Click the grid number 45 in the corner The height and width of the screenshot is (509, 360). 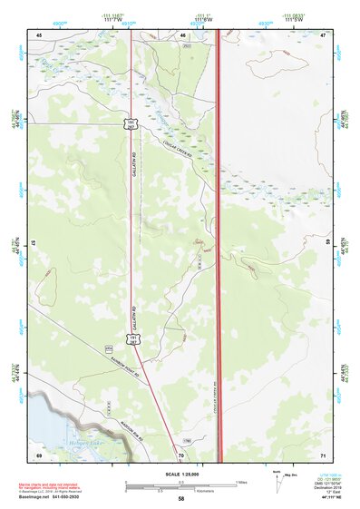[x=39, y=34]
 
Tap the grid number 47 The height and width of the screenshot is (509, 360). [x=322, y=34]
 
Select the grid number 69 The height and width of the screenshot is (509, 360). [x=39, y=454]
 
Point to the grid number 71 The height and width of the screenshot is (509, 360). [x=322, y=454]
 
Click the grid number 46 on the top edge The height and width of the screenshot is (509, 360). [x=182, y=34]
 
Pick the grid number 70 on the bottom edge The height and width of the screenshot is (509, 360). [x=181, y=454]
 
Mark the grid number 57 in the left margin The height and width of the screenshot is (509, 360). [x=34, y=243]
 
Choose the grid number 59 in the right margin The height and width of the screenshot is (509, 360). [x=328, y=243]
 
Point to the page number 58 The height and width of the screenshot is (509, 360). [x=181, y=499]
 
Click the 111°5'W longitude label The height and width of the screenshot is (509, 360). [x=296, y=20]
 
